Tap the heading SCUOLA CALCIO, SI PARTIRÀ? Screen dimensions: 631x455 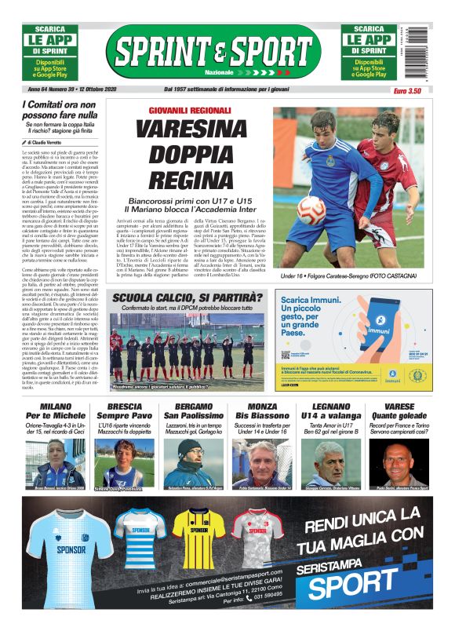point(196,297)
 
